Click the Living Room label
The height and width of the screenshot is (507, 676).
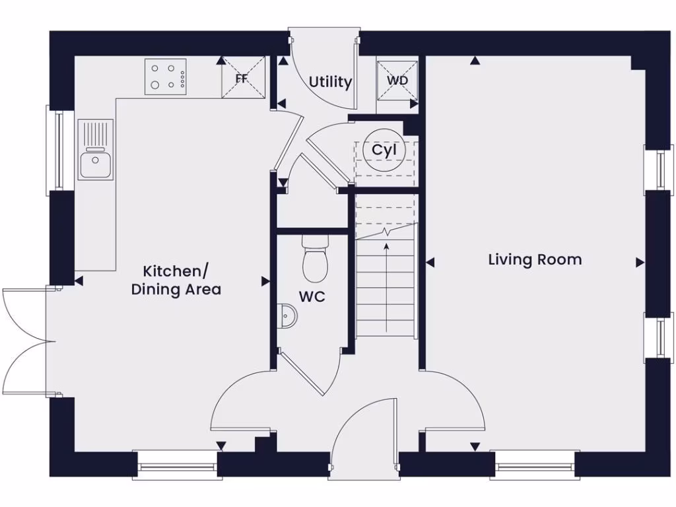[535, 259]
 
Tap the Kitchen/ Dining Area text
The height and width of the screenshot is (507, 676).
[176, 280]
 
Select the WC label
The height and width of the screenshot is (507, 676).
[312, 297]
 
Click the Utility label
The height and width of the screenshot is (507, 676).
[330, 83]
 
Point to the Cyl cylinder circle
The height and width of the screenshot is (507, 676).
[384, 151]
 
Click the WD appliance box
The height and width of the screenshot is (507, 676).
[397, 81]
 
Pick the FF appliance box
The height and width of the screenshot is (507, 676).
[242, 78]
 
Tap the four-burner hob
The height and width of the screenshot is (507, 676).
[166, 76]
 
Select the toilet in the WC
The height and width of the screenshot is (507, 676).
[315, 261]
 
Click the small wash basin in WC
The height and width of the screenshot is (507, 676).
[287, 316]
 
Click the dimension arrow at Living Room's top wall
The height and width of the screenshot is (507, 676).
[475, 61]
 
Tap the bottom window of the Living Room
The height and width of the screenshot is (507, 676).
[535, 466]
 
